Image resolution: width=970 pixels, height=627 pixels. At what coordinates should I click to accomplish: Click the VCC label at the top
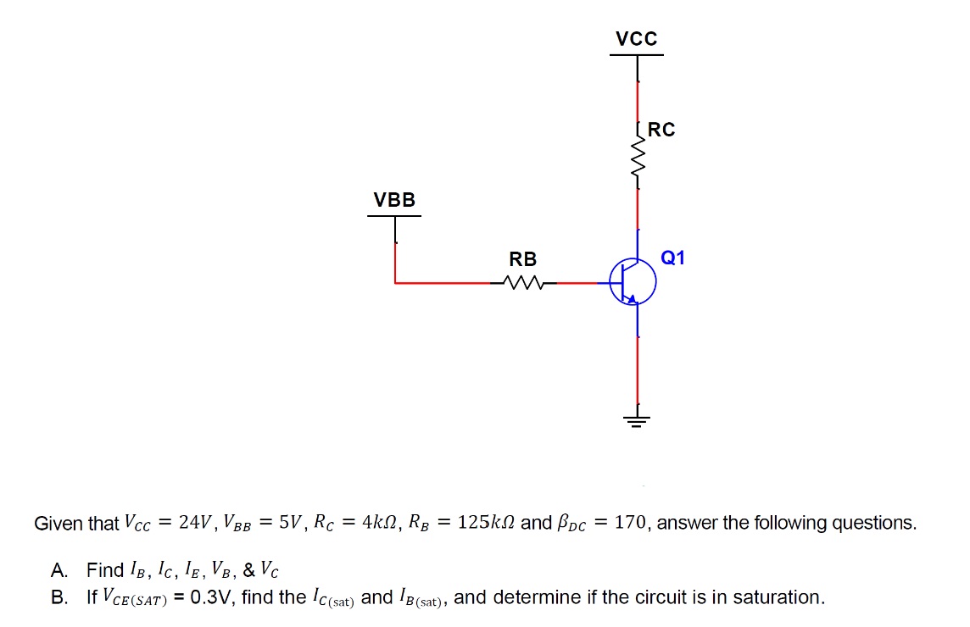pos(636,39)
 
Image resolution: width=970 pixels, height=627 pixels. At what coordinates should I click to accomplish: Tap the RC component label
pos(661,130)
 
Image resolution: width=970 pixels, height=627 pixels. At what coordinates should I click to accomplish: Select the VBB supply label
pos(395,200)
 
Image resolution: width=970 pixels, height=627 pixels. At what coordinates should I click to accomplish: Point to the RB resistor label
pos(522,259)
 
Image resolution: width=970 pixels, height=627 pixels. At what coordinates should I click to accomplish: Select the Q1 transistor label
pos(672,258)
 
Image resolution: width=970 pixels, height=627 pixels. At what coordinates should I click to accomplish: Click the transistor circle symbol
pos(633,282)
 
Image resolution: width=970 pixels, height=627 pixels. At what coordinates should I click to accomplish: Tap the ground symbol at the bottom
pos(637,419)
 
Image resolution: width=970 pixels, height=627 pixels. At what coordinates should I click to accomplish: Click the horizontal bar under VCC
pos(637,55)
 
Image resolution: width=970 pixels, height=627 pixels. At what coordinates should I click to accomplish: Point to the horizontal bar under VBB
pos(394,216)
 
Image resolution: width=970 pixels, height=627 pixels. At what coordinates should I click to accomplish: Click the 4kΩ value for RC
pos(377,523)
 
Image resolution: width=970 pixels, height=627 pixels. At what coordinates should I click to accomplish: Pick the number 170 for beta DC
pos(630,523)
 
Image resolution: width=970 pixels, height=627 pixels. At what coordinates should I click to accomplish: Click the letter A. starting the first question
pos(59,569)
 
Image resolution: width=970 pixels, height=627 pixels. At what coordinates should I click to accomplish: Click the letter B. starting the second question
pos(59,597)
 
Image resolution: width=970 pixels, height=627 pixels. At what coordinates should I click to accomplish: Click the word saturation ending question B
pos(778,597)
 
